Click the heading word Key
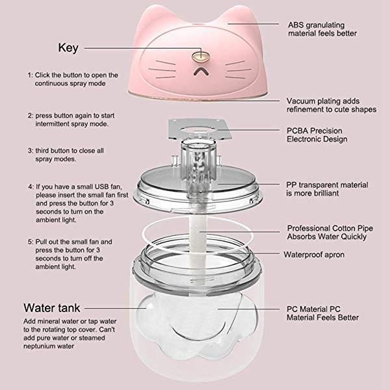68,47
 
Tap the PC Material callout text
322,313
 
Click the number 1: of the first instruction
30,75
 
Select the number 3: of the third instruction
30,151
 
